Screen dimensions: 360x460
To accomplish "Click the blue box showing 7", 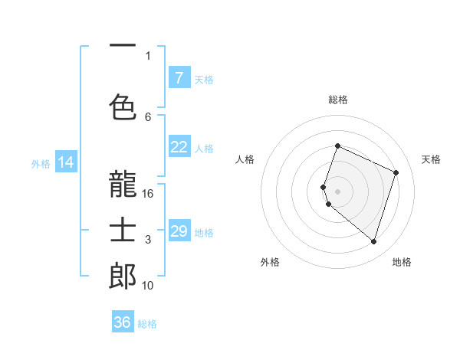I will coord(179,77).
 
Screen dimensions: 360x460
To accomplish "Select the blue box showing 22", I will coord(179,147).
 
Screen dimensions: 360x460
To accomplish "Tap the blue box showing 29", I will coord(179,231).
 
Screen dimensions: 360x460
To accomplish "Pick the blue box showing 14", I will coord(65,162).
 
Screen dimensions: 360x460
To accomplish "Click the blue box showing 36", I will coord(122,322).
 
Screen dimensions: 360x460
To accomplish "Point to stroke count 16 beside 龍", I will coord(148,193).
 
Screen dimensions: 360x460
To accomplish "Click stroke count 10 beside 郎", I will coord(148,286).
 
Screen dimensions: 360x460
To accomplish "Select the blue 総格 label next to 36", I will coord(147,324).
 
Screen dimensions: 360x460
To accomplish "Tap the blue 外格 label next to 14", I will coord(41,163).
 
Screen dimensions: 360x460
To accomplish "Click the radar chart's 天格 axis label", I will coord(431,159).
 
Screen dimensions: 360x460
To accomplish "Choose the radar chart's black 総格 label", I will coord(337,100).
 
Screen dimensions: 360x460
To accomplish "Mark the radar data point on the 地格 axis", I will coord(373,242).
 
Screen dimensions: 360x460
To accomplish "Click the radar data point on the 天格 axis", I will coord(396,172).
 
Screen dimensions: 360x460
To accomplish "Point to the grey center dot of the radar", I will coord(337,191).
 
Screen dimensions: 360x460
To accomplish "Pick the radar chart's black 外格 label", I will coord(270,262).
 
